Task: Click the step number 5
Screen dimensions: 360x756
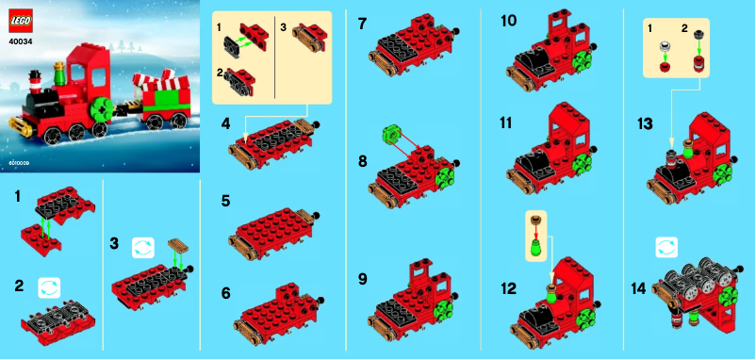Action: point(225,200)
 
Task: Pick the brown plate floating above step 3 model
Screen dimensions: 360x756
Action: point(179,248)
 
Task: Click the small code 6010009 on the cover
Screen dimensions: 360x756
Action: point(20,163)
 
